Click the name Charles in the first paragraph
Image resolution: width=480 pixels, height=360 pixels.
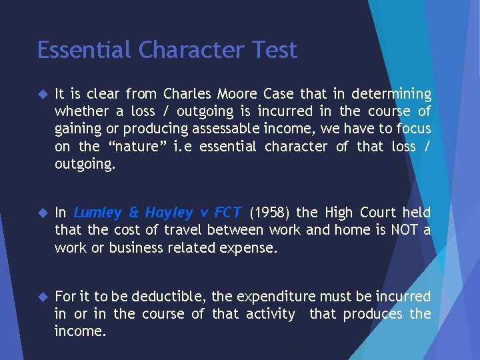point(187,94)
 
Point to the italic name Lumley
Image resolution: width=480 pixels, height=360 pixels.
point(97,213)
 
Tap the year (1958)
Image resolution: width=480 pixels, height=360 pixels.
point(269,213)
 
